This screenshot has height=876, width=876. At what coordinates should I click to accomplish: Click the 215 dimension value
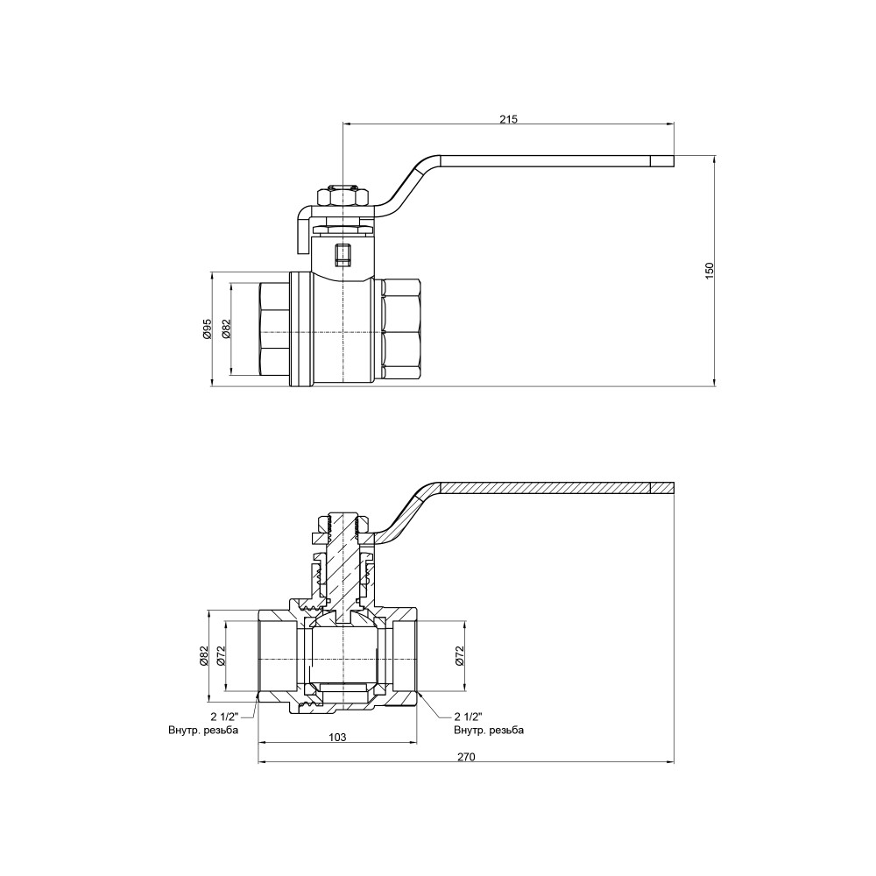coord(508,119)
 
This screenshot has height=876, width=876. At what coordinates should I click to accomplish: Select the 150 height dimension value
coord(710,271)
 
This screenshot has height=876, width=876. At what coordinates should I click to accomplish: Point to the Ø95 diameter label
coord(206,329)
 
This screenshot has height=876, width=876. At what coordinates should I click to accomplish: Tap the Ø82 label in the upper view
coord(226,329)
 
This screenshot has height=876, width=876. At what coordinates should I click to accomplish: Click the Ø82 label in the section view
coord(204,656)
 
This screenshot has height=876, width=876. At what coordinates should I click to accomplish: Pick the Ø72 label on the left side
coord(221,656)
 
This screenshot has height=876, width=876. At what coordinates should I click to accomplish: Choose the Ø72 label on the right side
coord(459,656)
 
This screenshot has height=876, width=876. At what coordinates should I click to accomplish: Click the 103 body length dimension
coord(337,737)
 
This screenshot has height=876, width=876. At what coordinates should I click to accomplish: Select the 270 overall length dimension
coord(466,757)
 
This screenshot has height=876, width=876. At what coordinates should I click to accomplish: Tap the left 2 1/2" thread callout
coord(224,717)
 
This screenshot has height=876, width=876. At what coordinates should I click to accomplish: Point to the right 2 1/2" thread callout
coord(468,717)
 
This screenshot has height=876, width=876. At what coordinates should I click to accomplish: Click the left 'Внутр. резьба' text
coord(203,731)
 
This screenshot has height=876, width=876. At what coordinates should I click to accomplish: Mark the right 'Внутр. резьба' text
coord(489,731)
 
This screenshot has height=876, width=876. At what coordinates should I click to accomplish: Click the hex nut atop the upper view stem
coord(343,196)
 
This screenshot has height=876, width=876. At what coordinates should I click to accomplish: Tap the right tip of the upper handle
coord(674,161)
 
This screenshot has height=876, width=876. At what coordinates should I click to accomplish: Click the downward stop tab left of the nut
coord(302,228)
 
